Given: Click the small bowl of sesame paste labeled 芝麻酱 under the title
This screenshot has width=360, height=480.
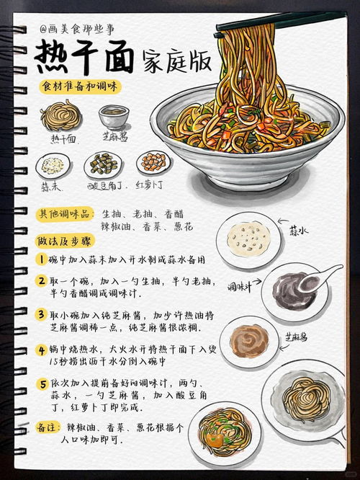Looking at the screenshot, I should (114, 116).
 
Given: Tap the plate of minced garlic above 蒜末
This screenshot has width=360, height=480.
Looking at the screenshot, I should (52, 165).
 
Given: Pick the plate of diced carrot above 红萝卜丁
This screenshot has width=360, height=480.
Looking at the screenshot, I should (153, 162).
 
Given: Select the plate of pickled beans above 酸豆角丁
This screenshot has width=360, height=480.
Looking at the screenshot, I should (102, 164).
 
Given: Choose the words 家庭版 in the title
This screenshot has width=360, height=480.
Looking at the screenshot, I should (176, 61).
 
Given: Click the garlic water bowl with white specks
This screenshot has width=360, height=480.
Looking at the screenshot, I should (247, 237).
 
